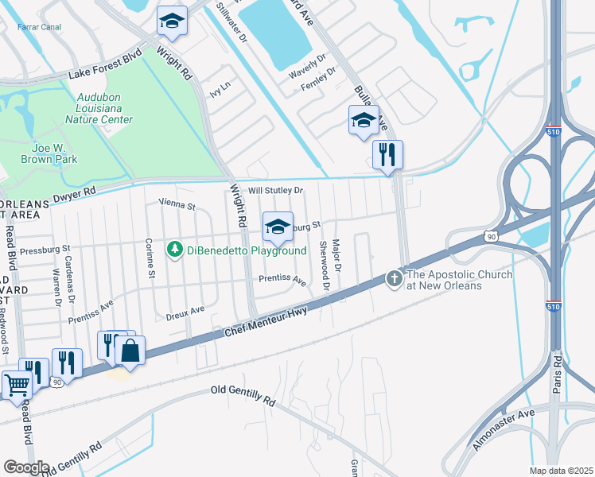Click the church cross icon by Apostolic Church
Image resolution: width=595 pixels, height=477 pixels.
coord(394,279)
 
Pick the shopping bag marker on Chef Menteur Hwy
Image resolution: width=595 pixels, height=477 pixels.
coord(130,351)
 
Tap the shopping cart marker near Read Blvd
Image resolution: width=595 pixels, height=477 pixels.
coord(16,385)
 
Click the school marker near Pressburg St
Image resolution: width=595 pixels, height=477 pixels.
coord(278,227)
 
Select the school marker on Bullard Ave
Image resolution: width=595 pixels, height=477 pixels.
coord(364,121)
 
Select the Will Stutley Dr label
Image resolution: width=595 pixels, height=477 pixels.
coord(276,191)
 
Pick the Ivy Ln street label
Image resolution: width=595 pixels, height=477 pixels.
coord(219,90)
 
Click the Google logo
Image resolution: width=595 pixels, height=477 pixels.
coord(26,467)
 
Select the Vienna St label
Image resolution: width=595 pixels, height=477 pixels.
coord(177,205)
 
